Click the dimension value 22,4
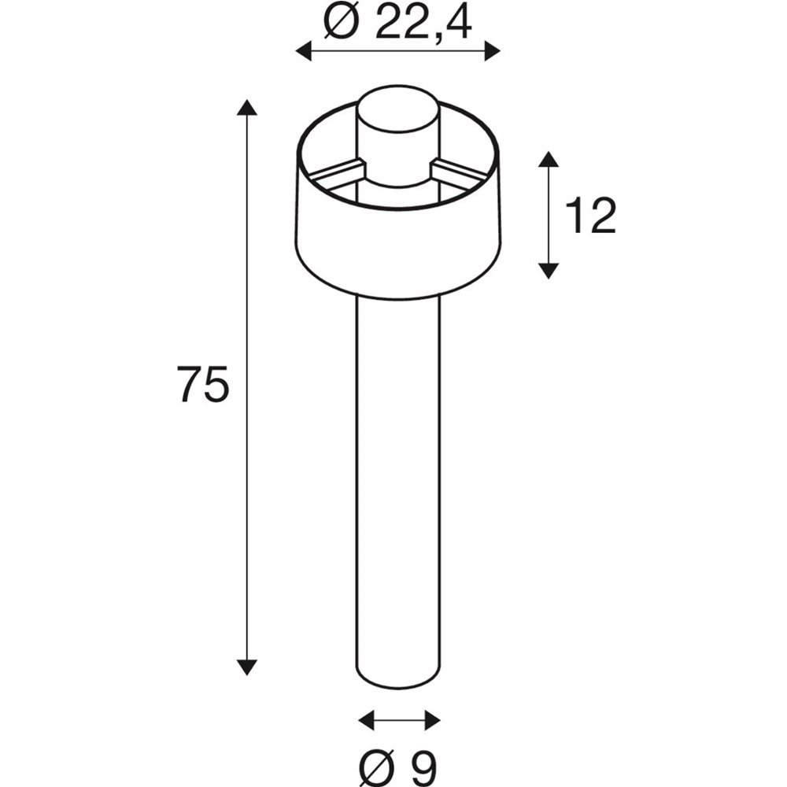423,22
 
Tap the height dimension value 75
203,383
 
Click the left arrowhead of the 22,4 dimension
304,51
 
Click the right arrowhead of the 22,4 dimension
492,51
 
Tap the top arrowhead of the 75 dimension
246,107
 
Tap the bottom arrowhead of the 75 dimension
246,667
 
